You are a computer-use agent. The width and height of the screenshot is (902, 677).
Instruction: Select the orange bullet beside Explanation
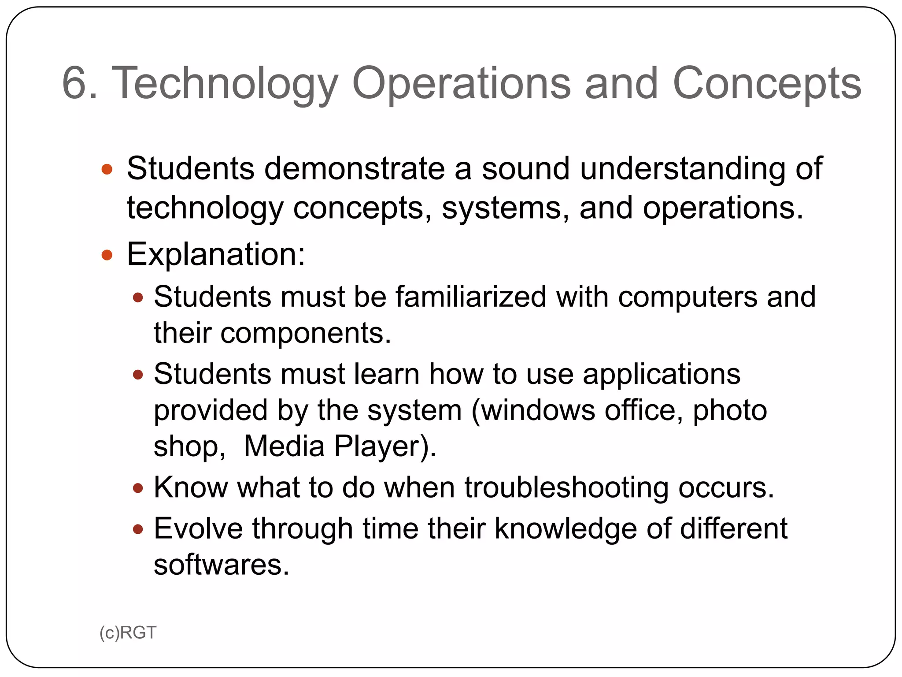click(107, 255)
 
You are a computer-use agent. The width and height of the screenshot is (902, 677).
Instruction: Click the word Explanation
click(216, 255)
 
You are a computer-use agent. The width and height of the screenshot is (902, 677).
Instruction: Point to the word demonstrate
click(355, 168)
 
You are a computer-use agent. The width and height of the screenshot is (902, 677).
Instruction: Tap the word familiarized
click(471, 296)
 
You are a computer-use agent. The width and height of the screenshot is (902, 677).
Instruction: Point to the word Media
click(284, 446)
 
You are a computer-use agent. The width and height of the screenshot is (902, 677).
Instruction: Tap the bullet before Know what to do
click(138, 488)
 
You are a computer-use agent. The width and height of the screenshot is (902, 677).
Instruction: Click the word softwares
click(221, 565)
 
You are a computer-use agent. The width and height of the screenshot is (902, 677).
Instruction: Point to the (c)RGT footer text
click(128, 633)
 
